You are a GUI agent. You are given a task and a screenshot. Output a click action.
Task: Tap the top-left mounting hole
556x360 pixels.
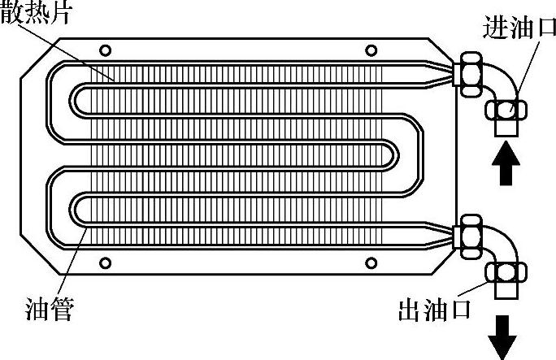[x=104, y=50]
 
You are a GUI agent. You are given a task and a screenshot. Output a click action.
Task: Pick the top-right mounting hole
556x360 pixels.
[x=371, y=50]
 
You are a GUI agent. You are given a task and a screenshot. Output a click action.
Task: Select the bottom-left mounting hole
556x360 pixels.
[x=104, y=262]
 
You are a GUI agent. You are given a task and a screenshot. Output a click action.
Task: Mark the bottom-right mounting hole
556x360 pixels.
[x=371, y=262]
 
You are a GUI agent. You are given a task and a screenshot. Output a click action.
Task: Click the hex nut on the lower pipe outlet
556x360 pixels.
[x=471, y=235]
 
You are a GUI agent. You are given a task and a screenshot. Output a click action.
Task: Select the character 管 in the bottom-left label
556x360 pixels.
[x=61, y=310]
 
